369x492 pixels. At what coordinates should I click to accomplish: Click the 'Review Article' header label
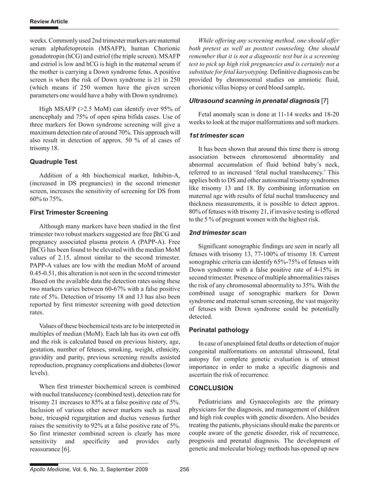[x=49, y=22]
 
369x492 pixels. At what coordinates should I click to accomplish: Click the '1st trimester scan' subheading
[x=217, y=135]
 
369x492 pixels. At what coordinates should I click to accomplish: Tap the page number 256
[x=184, y=469]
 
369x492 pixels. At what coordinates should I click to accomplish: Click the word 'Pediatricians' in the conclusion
[x=218, y=401]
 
